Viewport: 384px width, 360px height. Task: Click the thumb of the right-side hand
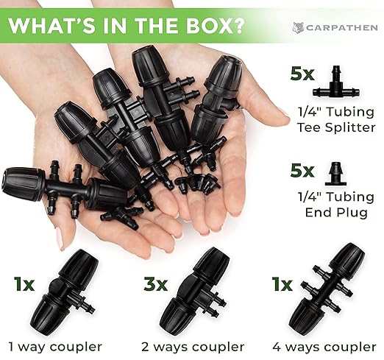(269, 111)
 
